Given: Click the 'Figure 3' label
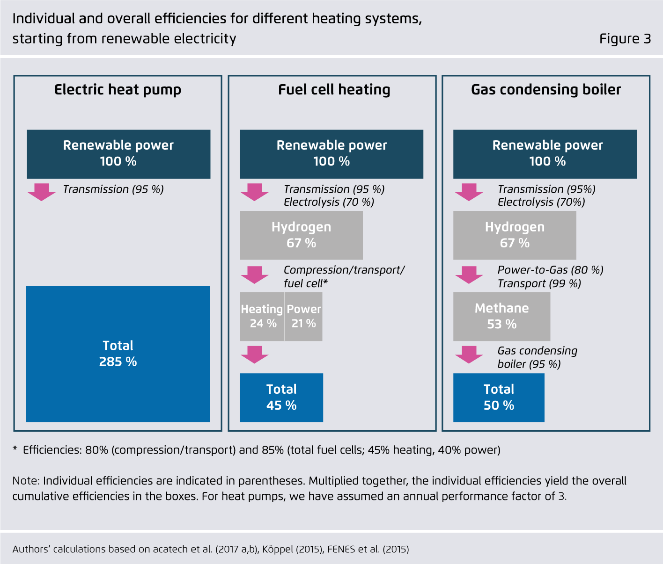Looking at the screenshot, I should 625,39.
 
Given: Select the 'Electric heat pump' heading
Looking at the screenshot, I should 118,89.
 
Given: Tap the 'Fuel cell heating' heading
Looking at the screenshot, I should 334,89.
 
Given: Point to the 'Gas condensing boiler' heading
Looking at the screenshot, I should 545,89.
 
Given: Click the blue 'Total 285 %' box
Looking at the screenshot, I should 118,354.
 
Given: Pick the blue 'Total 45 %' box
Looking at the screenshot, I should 281,398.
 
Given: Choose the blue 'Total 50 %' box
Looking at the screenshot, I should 499,398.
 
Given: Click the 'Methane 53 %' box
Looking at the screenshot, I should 501,316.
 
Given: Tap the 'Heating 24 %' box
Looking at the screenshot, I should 262,316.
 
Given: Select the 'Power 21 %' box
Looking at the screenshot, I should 303,316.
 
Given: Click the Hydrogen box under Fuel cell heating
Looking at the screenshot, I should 301,235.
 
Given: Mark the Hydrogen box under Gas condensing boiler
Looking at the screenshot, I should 515,235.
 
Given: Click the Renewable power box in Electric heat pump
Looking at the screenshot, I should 118,153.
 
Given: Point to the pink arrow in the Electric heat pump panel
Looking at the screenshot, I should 41,192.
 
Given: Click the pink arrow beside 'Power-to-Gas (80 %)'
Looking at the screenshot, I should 469,275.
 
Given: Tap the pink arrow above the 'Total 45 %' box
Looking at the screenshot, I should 254,354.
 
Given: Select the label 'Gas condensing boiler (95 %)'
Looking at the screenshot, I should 537,357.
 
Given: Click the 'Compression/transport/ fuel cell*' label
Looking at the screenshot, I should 344,276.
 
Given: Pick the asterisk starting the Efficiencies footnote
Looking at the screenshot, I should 15,449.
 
